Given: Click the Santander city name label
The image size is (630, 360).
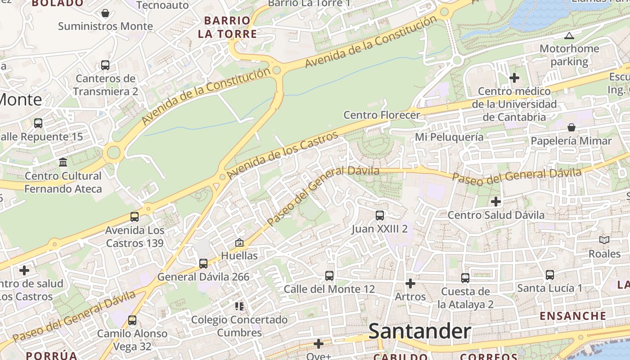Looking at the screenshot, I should [x=419, y=332].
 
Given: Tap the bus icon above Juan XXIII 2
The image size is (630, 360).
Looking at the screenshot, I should [x=380, y=216].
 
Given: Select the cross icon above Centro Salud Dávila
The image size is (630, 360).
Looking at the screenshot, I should [x=496, y=202].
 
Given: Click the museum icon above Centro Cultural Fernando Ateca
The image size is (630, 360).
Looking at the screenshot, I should [x=63, y=162].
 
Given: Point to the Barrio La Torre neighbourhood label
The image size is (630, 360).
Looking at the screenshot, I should [x=230, y=27].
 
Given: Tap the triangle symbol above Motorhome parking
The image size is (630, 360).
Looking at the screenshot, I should [x=569, y=36].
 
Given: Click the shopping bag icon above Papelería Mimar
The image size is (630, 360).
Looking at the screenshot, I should [x=571, y=127].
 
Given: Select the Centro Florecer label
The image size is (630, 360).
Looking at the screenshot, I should [x=382, y=115].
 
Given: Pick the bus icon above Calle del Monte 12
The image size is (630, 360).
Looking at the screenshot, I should [x=329, y=275].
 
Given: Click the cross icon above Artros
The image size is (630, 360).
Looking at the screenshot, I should [x=410, y=283].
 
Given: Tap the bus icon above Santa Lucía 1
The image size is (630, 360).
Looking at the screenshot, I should [x=549, y=274].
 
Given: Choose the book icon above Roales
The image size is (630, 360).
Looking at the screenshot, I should [x=604, y=240].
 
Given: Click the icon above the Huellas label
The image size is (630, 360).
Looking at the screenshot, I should [x=239, y=243].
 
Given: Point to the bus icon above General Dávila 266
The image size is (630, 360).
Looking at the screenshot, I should [x=203, y=264].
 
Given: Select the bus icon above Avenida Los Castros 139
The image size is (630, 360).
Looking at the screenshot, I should [x=135, y=217].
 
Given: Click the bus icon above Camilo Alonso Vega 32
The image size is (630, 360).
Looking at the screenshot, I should [x=132, y=320].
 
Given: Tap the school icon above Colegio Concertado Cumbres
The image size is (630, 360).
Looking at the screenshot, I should [x=239, y=307].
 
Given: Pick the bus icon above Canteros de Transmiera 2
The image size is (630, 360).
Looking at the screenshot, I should [x=105, y=65].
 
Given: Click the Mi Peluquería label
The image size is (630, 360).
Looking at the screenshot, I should [x=449, y=137].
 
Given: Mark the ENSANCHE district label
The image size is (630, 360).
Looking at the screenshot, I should [x=573, y=316].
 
